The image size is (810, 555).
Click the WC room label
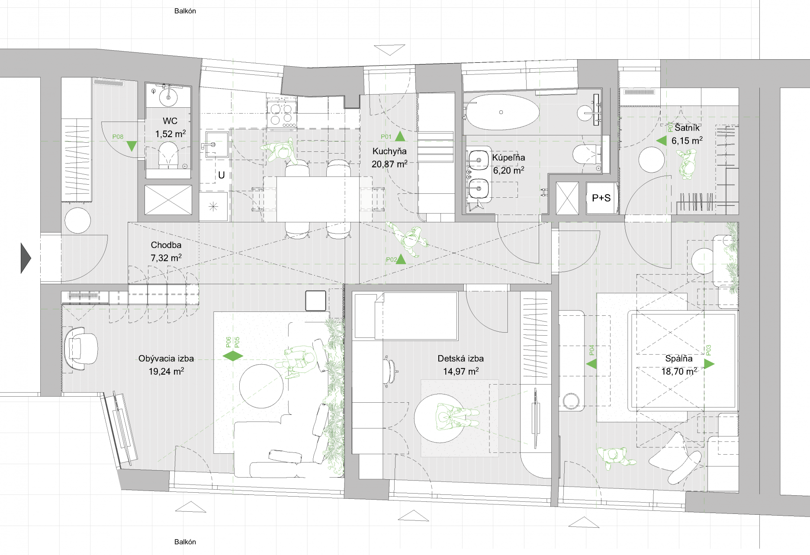click(x=170, y=121)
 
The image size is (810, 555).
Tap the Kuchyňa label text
click(x=389, y=151)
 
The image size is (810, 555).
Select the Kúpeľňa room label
click(x=508, y=158)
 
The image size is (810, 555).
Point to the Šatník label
click(x=687, y=128)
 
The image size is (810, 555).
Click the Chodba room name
click(x=166, y=245)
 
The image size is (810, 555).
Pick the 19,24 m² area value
click(x=166, y=372)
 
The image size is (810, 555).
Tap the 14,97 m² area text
click(x=460, y=372)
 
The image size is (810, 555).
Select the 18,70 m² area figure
click(x=679, y=372)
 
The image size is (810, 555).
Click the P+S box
click(x=601, y=198)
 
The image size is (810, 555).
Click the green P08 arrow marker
click(x=132, y=146)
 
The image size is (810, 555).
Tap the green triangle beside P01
click(x=400, y=137)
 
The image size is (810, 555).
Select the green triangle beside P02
click(x=401, y=259)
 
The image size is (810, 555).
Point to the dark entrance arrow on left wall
click(x=26, y=258)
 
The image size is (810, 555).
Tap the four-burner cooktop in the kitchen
click(x=281, y=113)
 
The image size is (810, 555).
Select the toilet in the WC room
click(x=168, y=156)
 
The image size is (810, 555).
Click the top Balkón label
click(x=185, y=11)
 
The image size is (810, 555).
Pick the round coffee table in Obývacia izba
click(x=261, y=386)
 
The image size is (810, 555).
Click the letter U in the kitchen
click(x=221, y=175)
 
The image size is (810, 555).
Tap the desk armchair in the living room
click(x=81, y=348)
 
